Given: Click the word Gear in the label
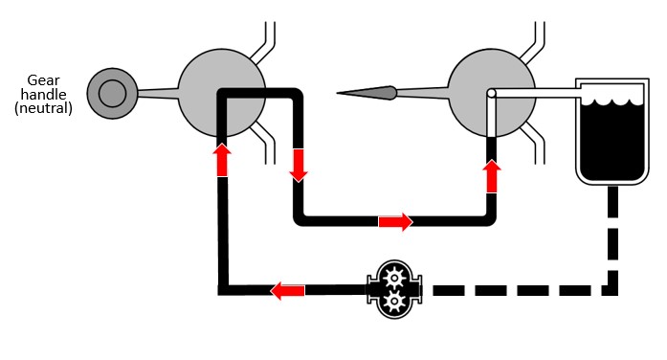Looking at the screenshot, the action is coord(43,80).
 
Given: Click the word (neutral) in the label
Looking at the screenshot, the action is coord(43,107).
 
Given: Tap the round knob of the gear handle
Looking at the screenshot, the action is coord(112,93).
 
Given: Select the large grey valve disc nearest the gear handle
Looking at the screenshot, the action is coord(221,93).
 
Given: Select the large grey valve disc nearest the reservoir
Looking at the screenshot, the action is coord(492,93).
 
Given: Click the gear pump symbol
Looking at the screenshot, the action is coord(394,289).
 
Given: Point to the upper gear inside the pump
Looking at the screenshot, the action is coord(394,279).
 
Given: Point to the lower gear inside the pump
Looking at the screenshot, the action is coord(394,302).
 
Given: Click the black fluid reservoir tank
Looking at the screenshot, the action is coord(612,131).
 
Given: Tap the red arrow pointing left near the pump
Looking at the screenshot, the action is coord(287,291).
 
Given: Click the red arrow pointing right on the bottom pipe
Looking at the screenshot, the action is coord(395,222).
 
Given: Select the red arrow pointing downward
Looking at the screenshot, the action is coord(299,166).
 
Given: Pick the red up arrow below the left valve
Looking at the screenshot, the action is coord(222,160).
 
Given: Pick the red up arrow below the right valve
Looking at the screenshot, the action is coord(492,176).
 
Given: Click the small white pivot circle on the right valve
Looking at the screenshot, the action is coord(491,93).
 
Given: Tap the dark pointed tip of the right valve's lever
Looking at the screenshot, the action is coord(367,93).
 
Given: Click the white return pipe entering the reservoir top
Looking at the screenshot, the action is coord(536,93).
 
